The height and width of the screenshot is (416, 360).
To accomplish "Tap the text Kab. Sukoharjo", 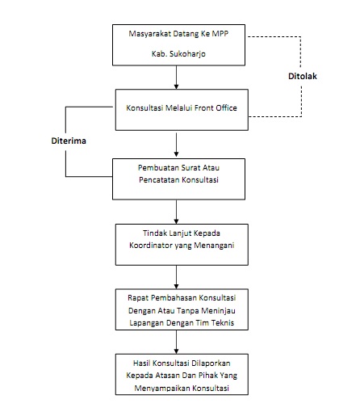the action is click(x=178, y=54).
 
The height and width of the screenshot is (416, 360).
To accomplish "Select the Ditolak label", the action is click(x=303, y=76).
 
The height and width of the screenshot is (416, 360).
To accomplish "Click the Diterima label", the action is click(x=69, y=141).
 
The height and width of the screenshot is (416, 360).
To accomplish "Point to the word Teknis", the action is click(x=223, y=322).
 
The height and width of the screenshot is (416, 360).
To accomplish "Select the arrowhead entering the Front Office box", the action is click(x=176, y=86).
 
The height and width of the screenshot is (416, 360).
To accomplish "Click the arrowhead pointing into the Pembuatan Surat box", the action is click(x=176, y=154).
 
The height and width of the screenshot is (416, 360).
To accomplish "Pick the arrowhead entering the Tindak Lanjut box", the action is click(x=176, y=221).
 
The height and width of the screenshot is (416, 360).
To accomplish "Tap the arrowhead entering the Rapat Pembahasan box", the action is click(x=176, y=286).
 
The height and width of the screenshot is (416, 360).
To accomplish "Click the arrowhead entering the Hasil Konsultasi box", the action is click(x=176, y=351).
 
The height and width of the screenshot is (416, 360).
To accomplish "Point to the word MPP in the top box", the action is click(x=220, y=34).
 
